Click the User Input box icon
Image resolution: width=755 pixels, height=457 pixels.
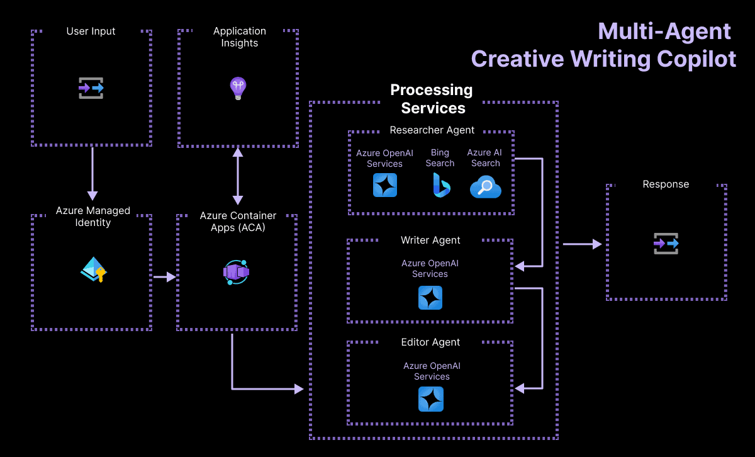[91, 88]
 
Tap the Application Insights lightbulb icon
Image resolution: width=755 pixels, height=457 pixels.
[238, 88]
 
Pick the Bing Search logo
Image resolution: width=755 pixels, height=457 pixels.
[440, 185]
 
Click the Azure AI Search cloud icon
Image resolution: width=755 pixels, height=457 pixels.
[485, 187]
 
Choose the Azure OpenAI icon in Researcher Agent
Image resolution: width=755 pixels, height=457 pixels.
[385, 185]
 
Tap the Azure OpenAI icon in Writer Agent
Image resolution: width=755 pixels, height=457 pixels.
[430, 298]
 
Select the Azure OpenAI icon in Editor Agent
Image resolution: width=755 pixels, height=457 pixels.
[431, 399]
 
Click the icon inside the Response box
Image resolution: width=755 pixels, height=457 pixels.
[666, 243]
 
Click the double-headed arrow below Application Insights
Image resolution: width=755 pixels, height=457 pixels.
[238, 176]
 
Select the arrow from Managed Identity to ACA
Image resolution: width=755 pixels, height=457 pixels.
[164, 276]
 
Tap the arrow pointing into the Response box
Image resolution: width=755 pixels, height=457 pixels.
[582, 244]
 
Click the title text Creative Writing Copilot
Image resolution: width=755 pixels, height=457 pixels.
[603, 59]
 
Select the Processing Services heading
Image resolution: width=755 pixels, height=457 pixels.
[432, 99]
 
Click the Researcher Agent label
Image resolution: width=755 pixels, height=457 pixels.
[432, 130]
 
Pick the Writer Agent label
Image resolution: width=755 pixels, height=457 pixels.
[430, 240]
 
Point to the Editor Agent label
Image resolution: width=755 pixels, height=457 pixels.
[430, 342]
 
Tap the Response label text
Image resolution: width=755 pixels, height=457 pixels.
[666, 184]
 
